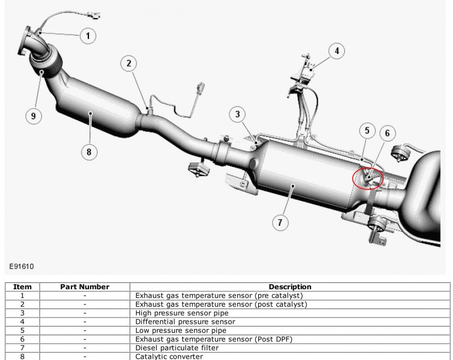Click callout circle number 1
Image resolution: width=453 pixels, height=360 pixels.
[x=88, y=36]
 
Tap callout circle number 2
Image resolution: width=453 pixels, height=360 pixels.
[x=129, y=63]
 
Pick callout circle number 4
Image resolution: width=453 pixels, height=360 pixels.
[x=336, y=51]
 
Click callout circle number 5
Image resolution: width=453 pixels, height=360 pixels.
[x=367, y=131]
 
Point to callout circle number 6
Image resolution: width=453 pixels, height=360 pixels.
[x=387, y=134]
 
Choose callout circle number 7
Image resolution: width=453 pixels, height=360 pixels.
[x=279, y=222]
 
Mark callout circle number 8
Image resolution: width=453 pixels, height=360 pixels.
[x=89, y=151]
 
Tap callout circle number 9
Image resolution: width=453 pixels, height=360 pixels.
[x=33, y=116]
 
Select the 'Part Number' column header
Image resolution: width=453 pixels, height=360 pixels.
[x=84, y=287]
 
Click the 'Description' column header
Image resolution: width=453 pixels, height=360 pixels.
[x=290, y=287]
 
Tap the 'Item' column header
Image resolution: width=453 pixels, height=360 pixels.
[x=22, y=287]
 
